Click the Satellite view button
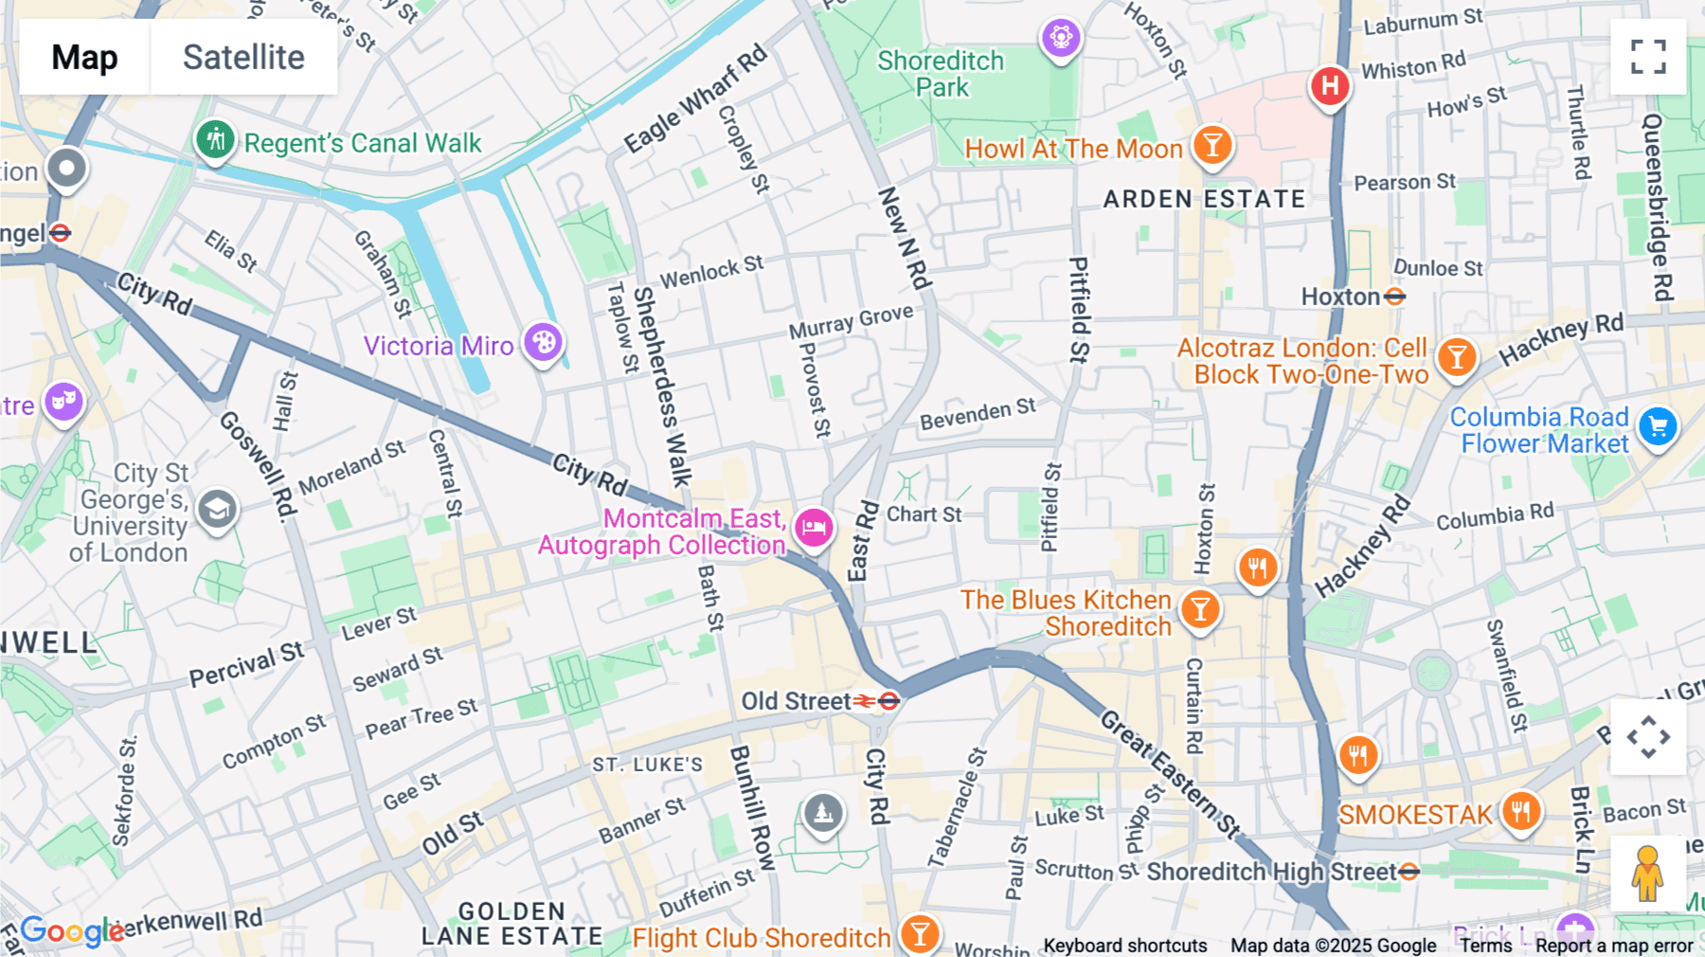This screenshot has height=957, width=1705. pos(243,57)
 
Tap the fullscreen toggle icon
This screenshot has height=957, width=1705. pos(1648,57)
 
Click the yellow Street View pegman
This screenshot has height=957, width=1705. pos(1647,874)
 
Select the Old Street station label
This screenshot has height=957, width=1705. pos(796,701)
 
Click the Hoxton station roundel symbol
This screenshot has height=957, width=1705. pos(1394,297)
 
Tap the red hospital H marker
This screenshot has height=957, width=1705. pos(1330,86)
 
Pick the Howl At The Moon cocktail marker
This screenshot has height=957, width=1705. pos(1211,146)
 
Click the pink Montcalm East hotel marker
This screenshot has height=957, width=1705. pos(814,528)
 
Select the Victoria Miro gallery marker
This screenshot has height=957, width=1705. pos(544,342)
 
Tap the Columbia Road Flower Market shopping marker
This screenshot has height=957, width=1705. pos(1658,427)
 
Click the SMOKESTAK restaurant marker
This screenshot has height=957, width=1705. pos(1520,811)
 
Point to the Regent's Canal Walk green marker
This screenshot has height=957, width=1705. pos(215,140)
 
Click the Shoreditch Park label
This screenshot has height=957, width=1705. pos(941,74)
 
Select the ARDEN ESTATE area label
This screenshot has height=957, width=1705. pos(1204,199)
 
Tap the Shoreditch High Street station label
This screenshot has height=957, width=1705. pos(1271,872)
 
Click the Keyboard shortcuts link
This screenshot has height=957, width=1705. pos(1124,946)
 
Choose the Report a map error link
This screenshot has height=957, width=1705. pos(1614,946)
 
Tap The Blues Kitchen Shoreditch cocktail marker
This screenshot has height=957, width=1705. pos(1200,609)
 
